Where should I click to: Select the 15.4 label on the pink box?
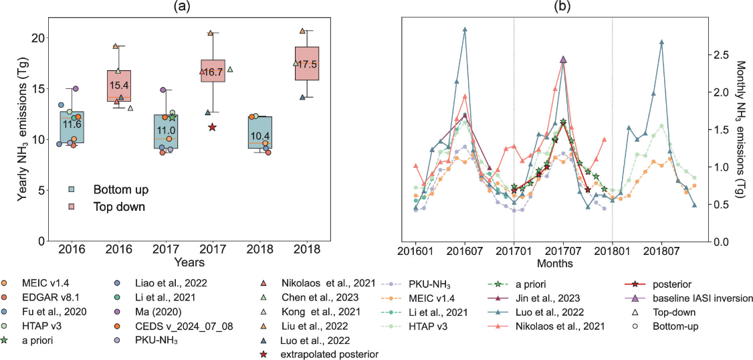tap(118, 86)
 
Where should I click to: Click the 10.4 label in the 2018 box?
tap(259, 136)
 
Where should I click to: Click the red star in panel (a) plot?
tap(212, 127)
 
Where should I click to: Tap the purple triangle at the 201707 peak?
tap(563, 60)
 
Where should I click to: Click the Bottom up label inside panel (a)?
tap(121, 189)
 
